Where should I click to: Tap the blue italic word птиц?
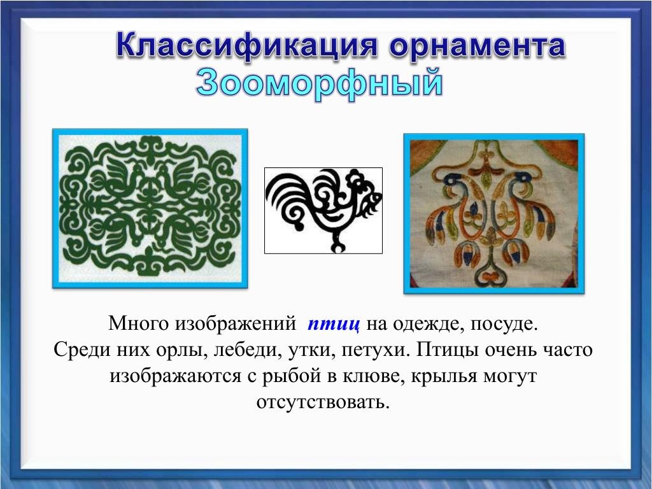334,324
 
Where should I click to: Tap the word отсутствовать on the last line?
323,402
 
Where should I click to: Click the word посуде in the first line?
504,324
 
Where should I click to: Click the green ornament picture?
150,208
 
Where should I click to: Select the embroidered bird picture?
494,214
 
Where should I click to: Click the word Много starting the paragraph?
139,324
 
